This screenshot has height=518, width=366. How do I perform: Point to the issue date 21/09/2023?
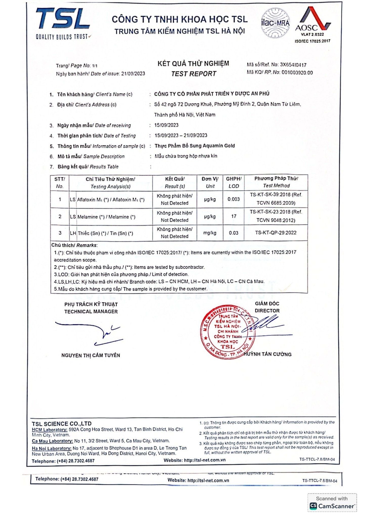coord(133,74)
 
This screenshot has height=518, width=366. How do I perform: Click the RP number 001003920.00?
coord(297,73)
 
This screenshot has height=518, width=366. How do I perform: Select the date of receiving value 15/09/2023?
coord(166,125)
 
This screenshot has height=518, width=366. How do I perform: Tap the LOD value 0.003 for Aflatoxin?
coord(233,199)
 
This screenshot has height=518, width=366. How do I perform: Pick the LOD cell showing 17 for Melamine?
coord(233,216)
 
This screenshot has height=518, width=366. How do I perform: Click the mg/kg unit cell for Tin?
coord(210,233)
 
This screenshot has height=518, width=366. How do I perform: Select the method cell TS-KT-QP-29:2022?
coord(276,233)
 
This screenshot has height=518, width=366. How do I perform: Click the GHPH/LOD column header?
coord(233,182)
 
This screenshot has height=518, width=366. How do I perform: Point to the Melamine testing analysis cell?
coord(106,217)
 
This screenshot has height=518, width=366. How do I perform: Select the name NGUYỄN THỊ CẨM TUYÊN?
coord(91,355)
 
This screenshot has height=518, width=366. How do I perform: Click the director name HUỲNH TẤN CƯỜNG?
coord(268,354)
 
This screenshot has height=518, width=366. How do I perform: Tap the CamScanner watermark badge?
coord(332,503)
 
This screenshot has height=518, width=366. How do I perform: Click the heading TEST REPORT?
coord(193,74)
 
